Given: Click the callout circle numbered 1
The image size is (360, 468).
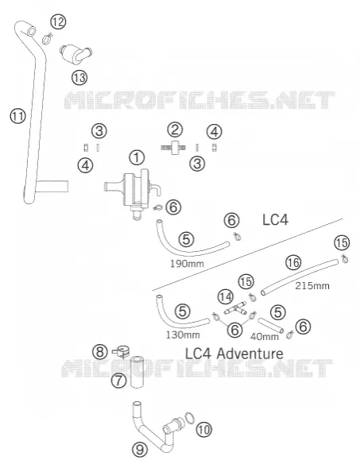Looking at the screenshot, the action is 137,157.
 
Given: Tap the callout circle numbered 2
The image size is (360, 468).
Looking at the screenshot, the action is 175,130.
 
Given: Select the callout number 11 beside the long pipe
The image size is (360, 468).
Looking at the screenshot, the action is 18,116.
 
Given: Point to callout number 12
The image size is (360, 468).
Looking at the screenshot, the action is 58,21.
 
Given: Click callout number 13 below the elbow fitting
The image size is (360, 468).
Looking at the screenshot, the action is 79,78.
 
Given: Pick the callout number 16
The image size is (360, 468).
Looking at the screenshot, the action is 293,263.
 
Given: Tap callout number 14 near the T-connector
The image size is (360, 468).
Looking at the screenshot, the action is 226,297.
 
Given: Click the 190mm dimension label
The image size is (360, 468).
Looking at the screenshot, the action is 188,264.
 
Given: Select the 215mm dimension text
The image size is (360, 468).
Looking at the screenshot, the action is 312,285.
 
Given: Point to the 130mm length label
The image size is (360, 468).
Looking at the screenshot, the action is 183,335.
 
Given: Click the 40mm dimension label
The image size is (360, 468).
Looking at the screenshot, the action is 265,337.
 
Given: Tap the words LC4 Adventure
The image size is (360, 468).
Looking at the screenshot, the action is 234,354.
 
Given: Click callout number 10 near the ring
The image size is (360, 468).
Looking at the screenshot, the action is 204,430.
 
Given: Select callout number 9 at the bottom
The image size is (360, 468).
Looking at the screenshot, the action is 140,449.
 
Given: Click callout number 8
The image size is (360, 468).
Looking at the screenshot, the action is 100,352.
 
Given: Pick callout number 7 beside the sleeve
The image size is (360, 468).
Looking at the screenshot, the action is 118,381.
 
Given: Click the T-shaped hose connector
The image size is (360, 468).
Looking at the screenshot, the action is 235,309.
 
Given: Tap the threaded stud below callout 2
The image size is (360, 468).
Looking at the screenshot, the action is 174,147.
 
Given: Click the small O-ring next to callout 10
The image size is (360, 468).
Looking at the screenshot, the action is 190,418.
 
